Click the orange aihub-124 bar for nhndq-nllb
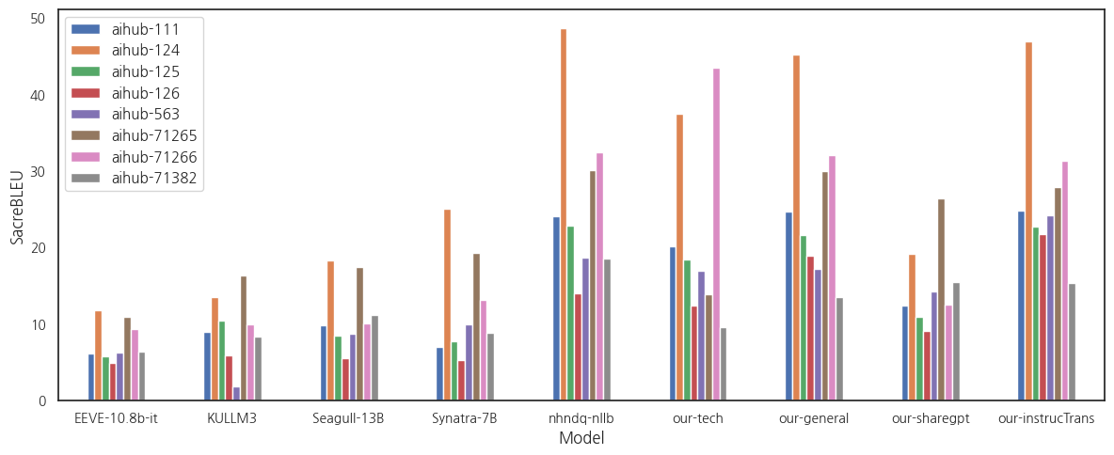tap(564, 215)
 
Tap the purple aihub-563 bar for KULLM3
tap(236, 394)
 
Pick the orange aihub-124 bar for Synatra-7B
tap(447, 306)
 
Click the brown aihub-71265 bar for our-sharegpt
tap(941, 300)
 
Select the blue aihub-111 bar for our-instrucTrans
tap(1021, 306)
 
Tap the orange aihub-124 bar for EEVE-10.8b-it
tap(99, 356)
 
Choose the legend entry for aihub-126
tap(145, 93)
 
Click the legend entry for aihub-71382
tap(154, 178)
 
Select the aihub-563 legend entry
tap(145, 114)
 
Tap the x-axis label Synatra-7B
tap(465, 418)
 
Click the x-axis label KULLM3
tap(232, 418)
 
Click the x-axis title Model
tap(581, 438)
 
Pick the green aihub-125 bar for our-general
tap(804, 319)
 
